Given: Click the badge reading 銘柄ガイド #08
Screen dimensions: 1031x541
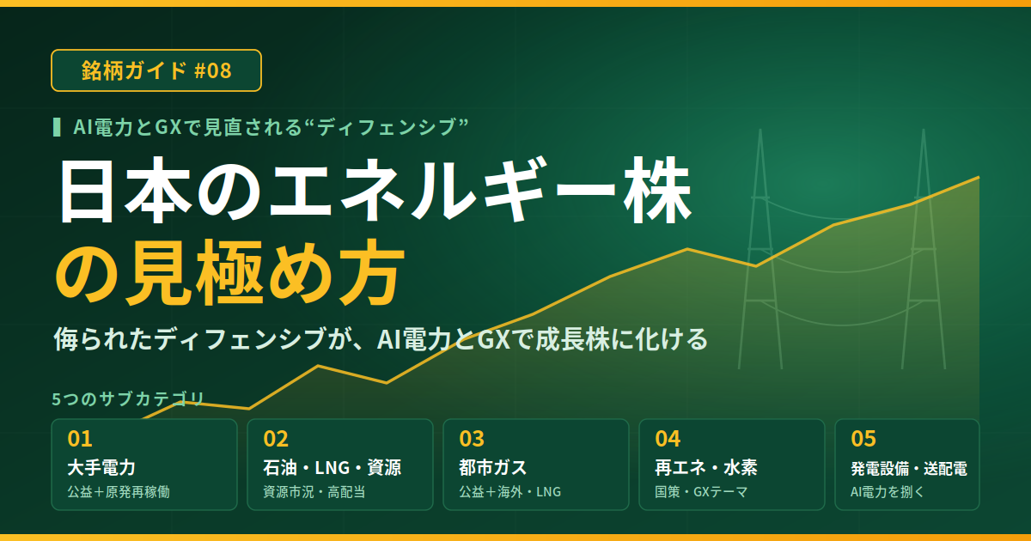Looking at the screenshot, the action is tap(156, 70).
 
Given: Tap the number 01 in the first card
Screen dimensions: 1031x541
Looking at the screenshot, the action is tap(80, 439).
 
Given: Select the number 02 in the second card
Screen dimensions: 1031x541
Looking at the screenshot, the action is tap(276, 439).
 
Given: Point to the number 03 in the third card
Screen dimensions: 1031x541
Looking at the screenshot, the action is tap(472, 439).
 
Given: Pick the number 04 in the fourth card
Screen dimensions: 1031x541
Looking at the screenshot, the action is tap(668, 439).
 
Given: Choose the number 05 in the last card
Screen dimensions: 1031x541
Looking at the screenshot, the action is tap(863, 439).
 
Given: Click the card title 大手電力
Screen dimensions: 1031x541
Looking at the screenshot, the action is tap(101, 467).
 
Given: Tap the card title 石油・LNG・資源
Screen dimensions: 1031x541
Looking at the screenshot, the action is tap(332, 467).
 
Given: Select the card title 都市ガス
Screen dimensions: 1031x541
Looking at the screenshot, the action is tap(493, 467).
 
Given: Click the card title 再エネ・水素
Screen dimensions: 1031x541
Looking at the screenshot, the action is tap(706, 467).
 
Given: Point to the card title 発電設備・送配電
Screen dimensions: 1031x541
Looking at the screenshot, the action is tap(909, 468).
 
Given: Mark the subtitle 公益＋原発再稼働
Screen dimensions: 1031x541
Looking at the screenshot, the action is tap(119, 492).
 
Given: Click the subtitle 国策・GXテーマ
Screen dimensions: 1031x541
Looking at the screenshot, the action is tap(701, 492).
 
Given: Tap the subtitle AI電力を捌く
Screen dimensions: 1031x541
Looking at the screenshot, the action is tap(887, 492).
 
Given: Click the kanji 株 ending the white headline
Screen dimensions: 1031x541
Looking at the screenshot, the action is tap(658, 190).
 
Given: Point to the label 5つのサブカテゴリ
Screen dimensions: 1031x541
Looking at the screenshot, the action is tap(128, 398).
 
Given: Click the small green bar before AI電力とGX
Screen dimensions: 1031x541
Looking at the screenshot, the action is tap(57, 127).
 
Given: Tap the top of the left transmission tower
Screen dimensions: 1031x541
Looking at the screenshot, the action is tap(760, 131).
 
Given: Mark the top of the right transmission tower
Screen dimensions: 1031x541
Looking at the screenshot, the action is tap(924, 131).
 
